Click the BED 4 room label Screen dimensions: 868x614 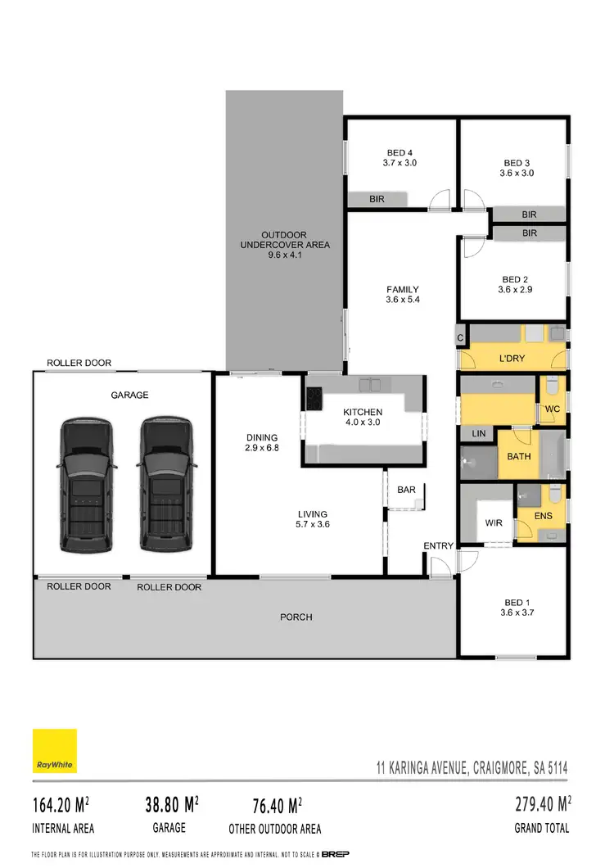(x=400, y=151)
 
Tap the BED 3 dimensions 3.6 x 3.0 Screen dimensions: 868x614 (x=517, y=174)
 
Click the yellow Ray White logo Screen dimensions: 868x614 (x=55, y=751)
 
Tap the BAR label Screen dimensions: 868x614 (x=406, y=490)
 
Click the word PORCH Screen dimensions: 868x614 (x=296, y=617)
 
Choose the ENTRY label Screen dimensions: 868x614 (x=438, y=546)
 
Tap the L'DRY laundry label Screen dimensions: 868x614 (x=511, y=359)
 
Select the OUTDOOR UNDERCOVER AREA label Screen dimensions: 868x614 (x=284, y=239)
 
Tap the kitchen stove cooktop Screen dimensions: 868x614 (x=314, y=397)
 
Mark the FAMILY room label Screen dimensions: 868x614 (x=403, y=289)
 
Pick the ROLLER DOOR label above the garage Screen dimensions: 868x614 (x=79, y=363)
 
